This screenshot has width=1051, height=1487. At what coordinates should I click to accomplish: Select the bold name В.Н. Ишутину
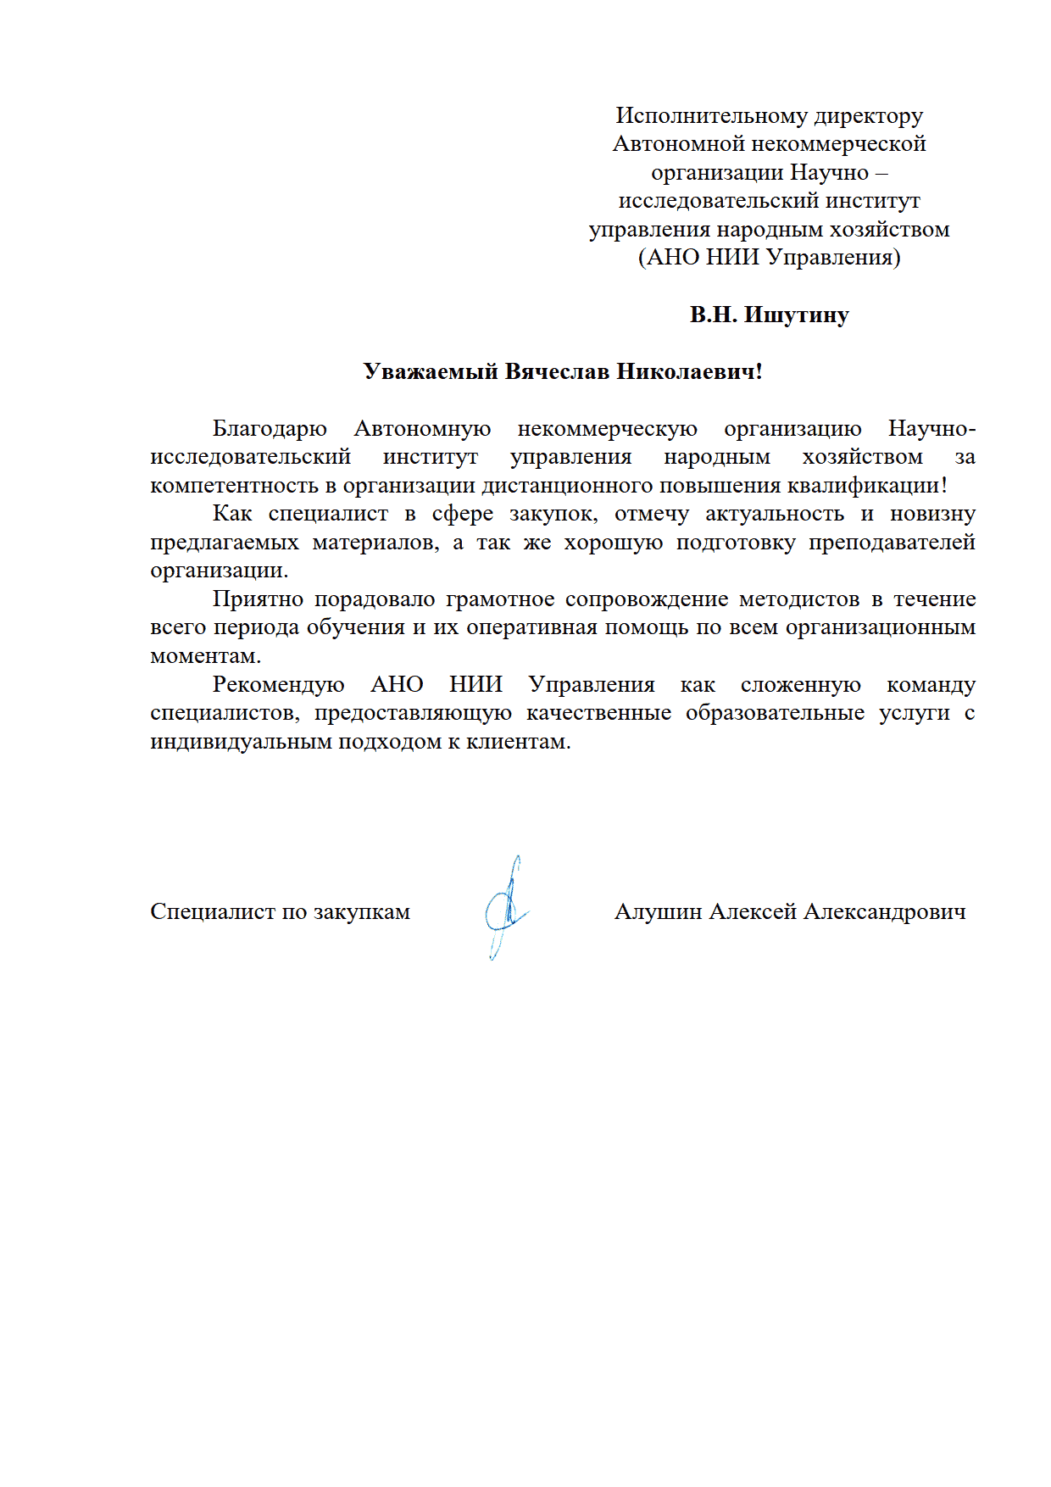769,315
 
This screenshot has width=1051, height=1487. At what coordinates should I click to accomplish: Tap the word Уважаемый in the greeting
431,372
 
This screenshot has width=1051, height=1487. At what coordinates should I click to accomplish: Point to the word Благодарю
270,429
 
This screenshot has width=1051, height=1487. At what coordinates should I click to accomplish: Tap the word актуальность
775,514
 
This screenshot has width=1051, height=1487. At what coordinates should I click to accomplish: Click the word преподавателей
892,543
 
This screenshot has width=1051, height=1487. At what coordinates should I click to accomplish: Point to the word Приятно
258,599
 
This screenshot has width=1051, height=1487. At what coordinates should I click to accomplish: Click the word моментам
205,656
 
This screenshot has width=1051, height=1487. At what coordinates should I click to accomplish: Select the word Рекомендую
278,685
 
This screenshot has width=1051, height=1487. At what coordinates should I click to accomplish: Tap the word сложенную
800,685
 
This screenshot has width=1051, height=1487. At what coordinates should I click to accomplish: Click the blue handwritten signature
506,909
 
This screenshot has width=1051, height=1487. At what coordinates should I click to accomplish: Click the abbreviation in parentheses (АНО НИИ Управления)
769,258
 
